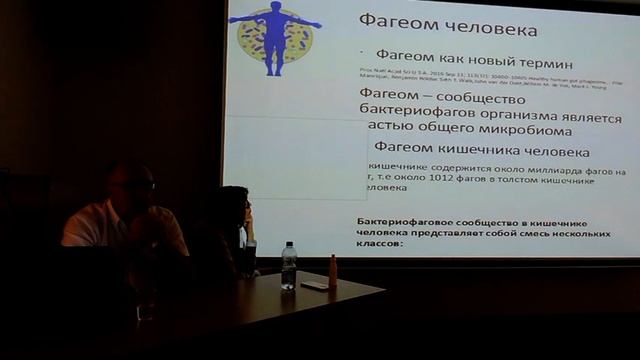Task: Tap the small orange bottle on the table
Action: pos(333,271)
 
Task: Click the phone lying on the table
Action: pos(313,285)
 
